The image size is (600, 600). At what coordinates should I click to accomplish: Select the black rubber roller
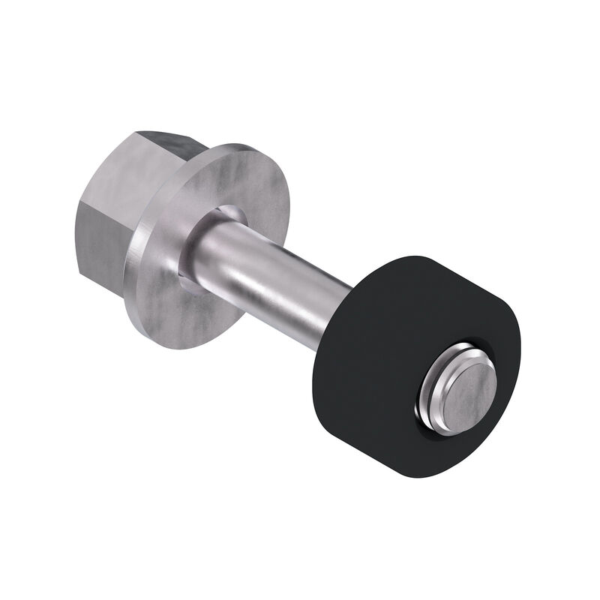coord(375,337)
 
